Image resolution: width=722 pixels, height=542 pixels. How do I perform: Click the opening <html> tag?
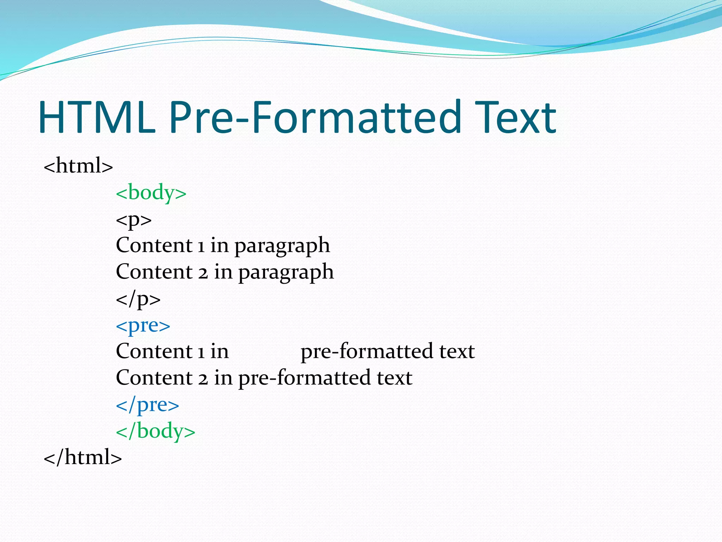click(78, 165)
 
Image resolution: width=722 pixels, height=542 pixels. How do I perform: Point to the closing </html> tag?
click(82, 457)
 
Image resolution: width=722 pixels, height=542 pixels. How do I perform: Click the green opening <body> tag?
click(151, 193)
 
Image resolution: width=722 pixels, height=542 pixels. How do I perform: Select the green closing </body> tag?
click(155, 431)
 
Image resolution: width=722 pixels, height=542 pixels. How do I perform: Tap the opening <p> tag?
click(134, 219)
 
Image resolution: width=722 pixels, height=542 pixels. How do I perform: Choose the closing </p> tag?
click(138, 299)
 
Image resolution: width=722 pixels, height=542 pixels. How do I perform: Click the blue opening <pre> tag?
click(143, 325)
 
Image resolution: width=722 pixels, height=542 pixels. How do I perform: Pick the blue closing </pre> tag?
click(147, 405)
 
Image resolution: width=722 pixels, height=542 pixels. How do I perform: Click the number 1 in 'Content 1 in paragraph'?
click(201, 246)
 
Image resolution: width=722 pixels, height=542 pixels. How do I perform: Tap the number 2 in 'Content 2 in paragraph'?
click(203, 272)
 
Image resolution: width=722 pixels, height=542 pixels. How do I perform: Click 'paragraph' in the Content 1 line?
click(282, 246)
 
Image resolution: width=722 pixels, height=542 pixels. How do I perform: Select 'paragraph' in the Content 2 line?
click(286, 272)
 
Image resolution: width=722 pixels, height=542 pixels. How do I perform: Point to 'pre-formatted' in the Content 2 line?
click(304, 378)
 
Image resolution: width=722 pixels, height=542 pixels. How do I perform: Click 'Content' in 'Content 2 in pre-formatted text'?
click(154, 378)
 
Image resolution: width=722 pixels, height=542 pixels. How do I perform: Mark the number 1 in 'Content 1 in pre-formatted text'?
click(201, 351)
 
